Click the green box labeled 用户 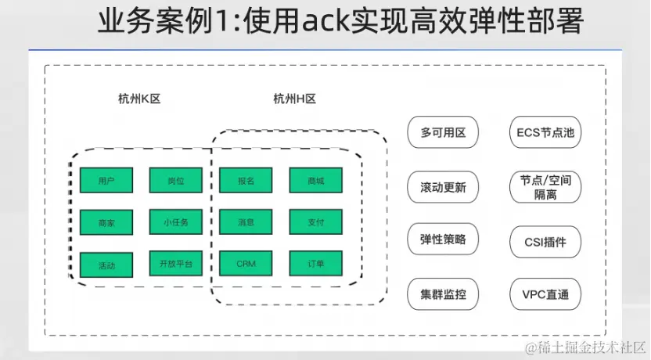point(106,180)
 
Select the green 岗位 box point(176,180)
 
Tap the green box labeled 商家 point(106,222)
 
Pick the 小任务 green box point(176,222)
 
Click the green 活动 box point(106,265)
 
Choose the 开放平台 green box point(176,264)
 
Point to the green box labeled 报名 point(246,180)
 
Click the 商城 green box point(315,180)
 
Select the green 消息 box point(246,222)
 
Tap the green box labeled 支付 point(315,222)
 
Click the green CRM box point(246,264)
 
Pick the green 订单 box point(315,264)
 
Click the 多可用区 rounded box point(443,132)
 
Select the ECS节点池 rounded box point(545,132)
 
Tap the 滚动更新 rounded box point(443,187)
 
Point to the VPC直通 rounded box point(545,295)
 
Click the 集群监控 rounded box point(443,295)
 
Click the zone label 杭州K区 point(138,99)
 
